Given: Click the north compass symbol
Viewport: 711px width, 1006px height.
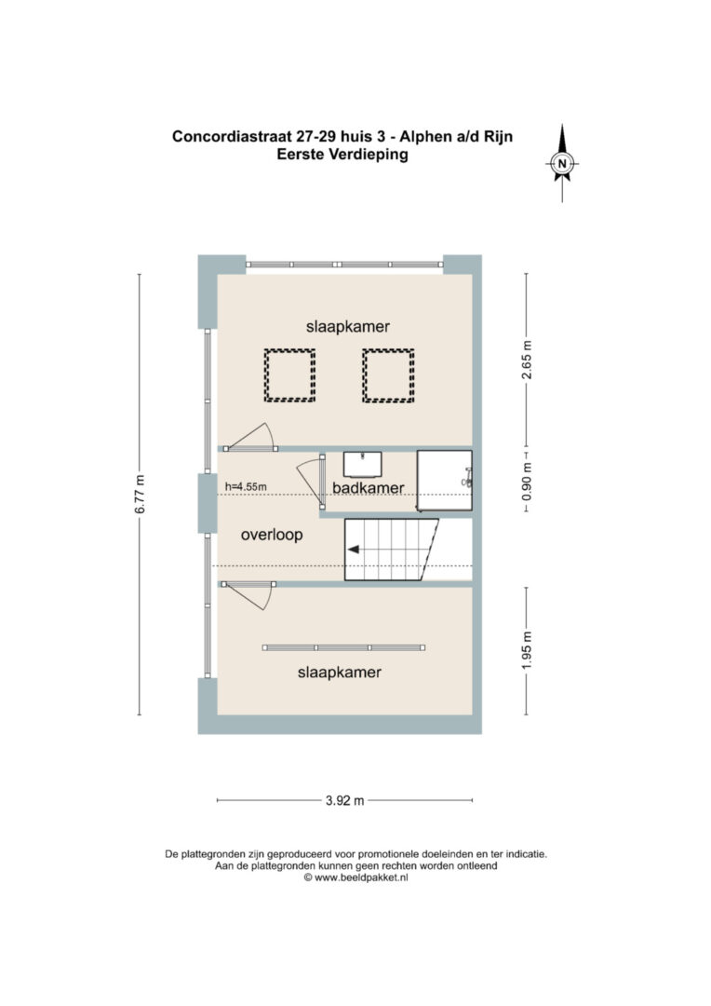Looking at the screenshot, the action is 562,163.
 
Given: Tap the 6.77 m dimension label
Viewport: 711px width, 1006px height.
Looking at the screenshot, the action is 140,494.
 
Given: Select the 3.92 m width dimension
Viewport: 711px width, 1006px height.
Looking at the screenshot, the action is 345,800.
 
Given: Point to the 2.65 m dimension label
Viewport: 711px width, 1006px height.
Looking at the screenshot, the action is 527,360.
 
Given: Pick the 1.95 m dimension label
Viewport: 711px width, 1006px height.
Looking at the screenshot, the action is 527,650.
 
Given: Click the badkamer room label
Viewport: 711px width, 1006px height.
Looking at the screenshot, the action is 368,487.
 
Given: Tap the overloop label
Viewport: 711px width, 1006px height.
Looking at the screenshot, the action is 272,535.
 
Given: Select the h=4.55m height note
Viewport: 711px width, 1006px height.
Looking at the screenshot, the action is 246,486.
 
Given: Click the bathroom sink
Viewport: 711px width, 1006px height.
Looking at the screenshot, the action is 362,464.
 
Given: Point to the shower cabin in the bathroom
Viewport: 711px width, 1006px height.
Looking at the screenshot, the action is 445,481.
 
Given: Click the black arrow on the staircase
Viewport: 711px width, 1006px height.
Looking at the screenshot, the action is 354,550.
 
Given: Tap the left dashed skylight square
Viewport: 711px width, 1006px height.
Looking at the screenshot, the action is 289,375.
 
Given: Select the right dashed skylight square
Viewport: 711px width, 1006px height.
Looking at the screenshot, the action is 388,375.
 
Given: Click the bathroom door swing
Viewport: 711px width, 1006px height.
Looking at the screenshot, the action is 311,483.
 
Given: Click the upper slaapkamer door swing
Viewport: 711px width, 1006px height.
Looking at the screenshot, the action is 251,436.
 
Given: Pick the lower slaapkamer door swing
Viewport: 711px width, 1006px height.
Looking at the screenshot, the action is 249,596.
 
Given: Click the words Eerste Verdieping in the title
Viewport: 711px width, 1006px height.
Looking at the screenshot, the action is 342,155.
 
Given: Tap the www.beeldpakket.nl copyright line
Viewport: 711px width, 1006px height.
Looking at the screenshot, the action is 355,877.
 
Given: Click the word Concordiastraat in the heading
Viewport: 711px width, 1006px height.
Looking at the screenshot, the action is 232,136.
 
